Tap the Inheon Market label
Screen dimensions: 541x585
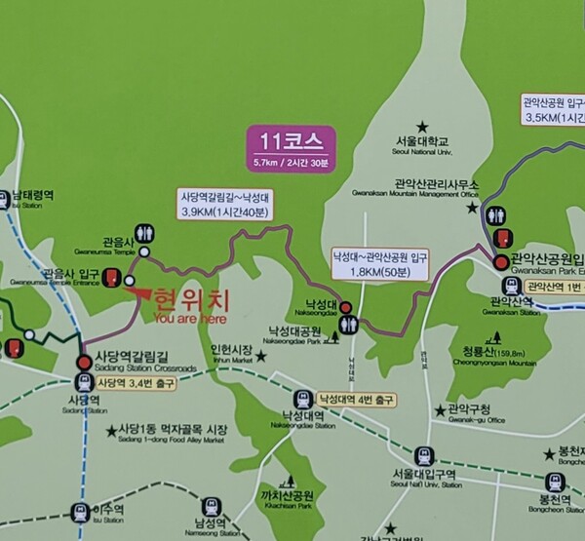[231, 354]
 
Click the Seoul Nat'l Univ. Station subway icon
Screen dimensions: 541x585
[424, 456]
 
